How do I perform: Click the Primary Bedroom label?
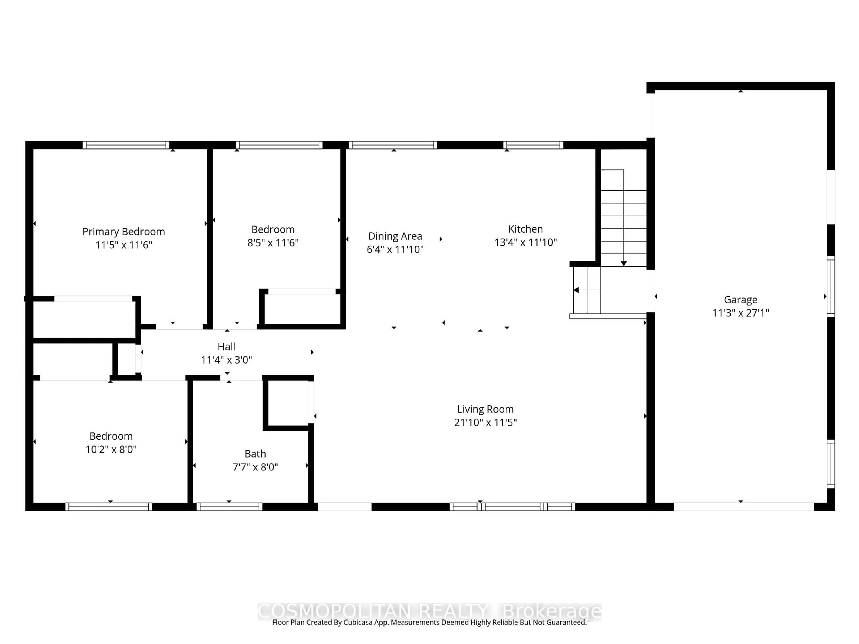(x=123, y=232)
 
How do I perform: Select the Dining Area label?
(x=395, y=236)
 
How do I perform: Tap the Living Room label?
(x=485, y=409)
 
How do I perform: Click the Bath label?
(x=255, y=453)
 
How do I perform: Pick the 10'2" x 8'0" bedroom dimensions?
(x=111, y=449)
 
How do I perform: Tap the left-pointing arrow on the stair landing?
(x=576, y=290)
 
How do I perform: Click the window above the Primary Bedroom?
(x=126, y=145)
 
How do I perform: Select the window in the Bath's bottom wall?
(x=229, y=506)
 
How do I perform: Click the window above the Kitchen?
(x=533, y=145)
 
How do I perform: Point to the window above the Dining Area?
(x=393, y=145)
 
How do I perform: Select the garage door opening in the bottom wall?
(x=743, y=506)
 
